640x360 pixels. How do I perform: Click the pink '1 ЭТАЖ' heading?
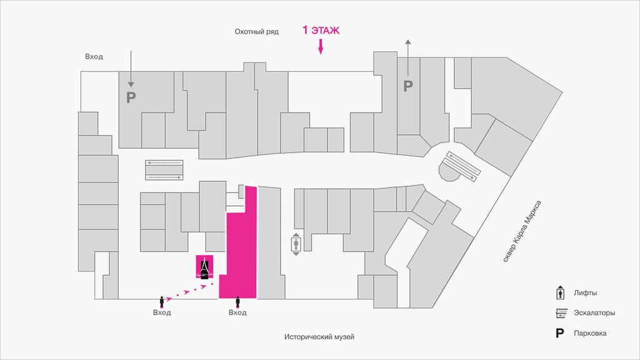[321, 30]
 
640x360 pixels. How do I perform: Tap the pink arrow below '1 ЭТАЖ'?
[321, 46]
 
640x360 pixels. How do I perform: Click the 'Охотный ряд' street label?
[256, 31]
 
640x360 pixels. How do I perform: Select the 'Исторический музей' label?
[319, 337]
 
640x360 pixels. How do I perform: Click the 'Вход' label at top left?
[94, 56]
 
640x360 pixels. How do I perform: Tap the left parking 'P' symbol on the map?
[131, 97]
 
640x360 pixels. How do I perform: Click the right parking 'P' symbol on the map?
[408, 86]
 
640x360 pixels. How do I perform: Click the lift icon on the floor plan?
[296, 244]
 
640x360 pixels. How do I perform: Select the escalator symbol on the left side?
[164, 169]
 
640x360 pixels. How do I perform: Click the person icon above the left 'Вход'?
[162, 301]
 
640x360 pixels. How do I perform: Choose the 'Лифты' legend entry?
[585, 292]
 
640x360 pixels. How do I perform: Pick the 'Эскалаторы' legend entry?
[594, 312]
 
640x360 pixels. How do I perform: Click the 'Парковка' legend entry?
[591, 333]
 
